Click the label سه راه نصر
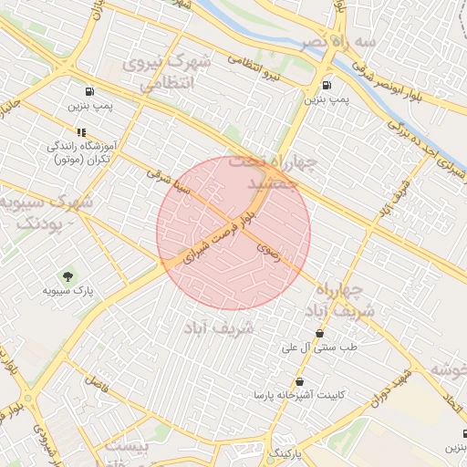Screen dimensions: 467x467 (x=327, y=43)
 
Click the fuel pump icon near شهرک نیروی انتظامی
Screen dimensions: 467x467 (x=89, y=91)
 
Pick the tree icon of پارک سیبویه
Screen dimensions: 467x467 (x=67, y=275)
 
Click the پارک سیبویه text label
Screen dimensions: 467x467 (x=68, y=291)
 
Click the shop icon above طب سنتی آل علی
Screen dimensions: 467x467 (x=319, y=333)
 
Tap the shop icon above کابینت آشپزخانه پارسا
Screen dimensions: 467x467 (x=299, y=381)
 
